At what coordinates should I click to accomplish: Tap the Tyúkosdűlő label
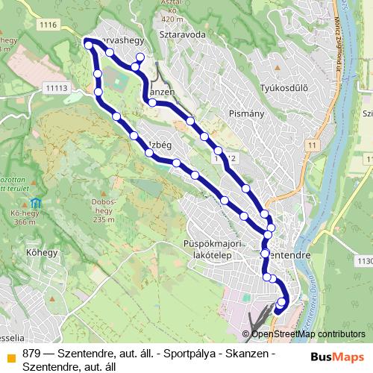[283, 89]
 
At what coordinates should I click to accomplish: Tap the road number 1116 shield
[49, 25]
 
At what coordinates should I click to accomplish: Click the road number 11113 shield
[56, 88]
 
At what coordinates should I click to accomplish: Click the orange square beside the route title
[10, 354]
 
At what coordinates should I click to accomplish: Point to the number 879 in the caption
[32, 353]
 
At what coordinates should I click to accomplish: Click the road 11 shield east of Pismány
[310, 143]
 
